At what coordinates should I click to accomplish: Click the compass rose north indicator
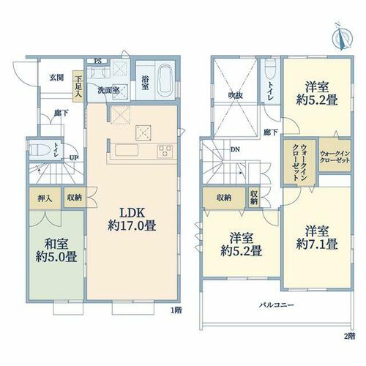343,37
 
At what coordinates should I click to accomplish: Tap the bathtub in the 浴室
165,79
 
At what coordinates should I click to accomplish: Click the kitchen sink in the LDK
127,150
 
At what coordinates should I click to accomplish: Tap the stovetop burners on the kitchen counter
165,151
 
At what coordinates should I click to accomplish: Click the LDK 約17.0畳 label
132,220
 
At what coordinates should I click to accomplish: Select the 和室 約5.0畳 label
56,250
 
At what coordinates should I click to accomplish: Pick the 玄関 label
57,78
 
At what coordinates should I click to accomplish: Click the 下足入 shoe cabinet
78,86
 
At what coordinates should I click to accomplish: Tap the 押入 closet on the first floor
45,198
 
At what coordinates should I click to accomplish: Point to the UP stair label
74,158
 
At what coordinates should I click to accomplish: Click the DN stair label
235,149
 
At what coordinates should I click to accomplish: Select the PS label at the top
98,61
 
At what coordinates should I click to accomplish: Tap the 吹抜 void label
235,95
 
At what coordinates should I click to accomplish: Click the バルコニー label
276,305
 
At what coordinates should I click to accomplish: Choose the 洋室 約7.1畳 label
317,237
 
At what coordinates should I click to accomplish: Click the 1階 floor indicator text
176,310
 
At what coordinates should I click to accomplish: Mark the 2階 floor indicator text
349,336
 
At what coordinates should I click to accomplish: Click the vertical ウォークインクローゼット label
300,162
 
